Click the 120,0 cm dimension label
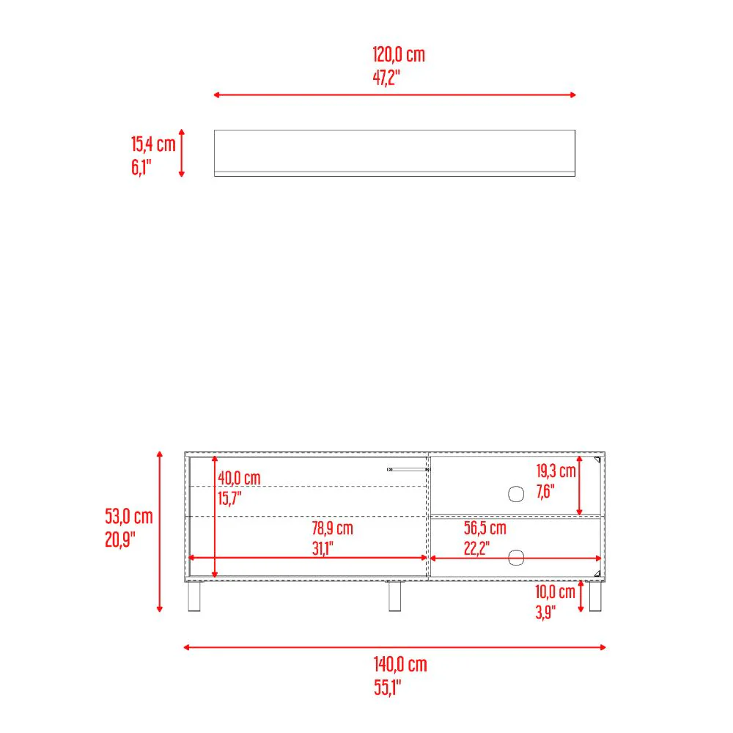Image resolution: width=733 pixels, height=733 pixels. (398, 55)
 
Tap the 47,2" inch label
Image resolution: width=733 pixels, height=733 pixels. (386, 78)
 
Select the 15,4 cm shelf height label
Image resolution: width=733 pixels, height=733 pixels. (153, 144)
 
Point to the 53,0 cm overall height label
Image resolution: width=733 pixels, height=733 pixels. (128, 517)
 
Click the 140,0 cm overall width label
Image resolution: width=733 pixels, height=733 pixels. (400, 664)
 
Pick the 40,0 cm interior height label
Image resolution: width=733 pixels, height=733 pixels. (239, 478)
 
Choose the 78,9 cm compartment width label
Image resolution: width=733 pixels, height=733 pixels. (332, 528)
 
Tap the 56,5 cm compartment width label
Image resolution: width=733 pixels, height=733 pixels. (485, 528)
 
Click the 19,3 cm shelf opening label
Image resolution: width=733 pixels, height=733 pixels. (556, 471)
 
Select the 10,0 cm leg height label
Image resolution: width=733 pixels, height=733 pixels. (555, 592)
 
